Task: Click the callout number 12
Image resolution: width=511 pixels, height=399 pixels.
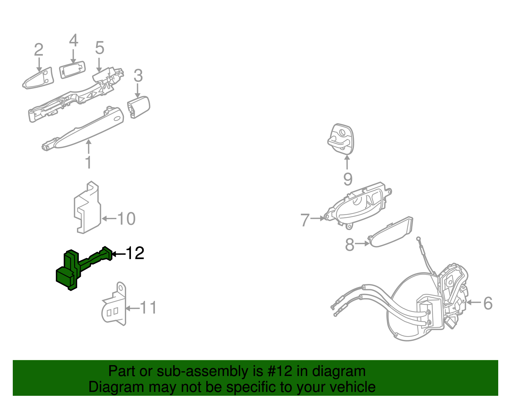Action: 135,253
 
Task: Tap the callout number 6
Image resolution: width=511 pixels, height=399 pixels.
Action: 488,303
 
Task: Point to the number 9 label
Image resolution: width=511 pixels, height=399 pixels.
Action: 348,179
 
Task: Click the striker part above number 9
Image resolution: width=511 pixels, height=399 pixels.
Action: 341,139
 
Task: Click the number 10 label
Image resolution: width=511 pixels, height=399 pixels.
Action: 126,219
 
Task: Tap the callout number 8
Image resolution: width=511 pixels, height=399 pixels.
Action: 349,245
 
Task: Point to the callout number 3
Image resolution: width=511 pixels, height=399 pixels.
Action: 138,76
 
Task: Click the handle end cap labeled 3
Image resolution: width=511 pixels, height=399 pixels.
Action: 139,107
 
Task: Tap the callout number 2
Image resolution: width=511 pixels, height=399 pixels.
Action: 39,50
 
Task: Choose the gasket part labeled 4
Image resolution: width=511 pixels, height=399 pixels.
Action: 72,69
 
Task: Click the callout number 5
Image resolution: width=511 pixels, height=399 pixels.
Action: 99,48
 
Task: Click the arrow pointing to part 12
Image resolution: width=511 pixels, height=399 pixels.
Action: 119,254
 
